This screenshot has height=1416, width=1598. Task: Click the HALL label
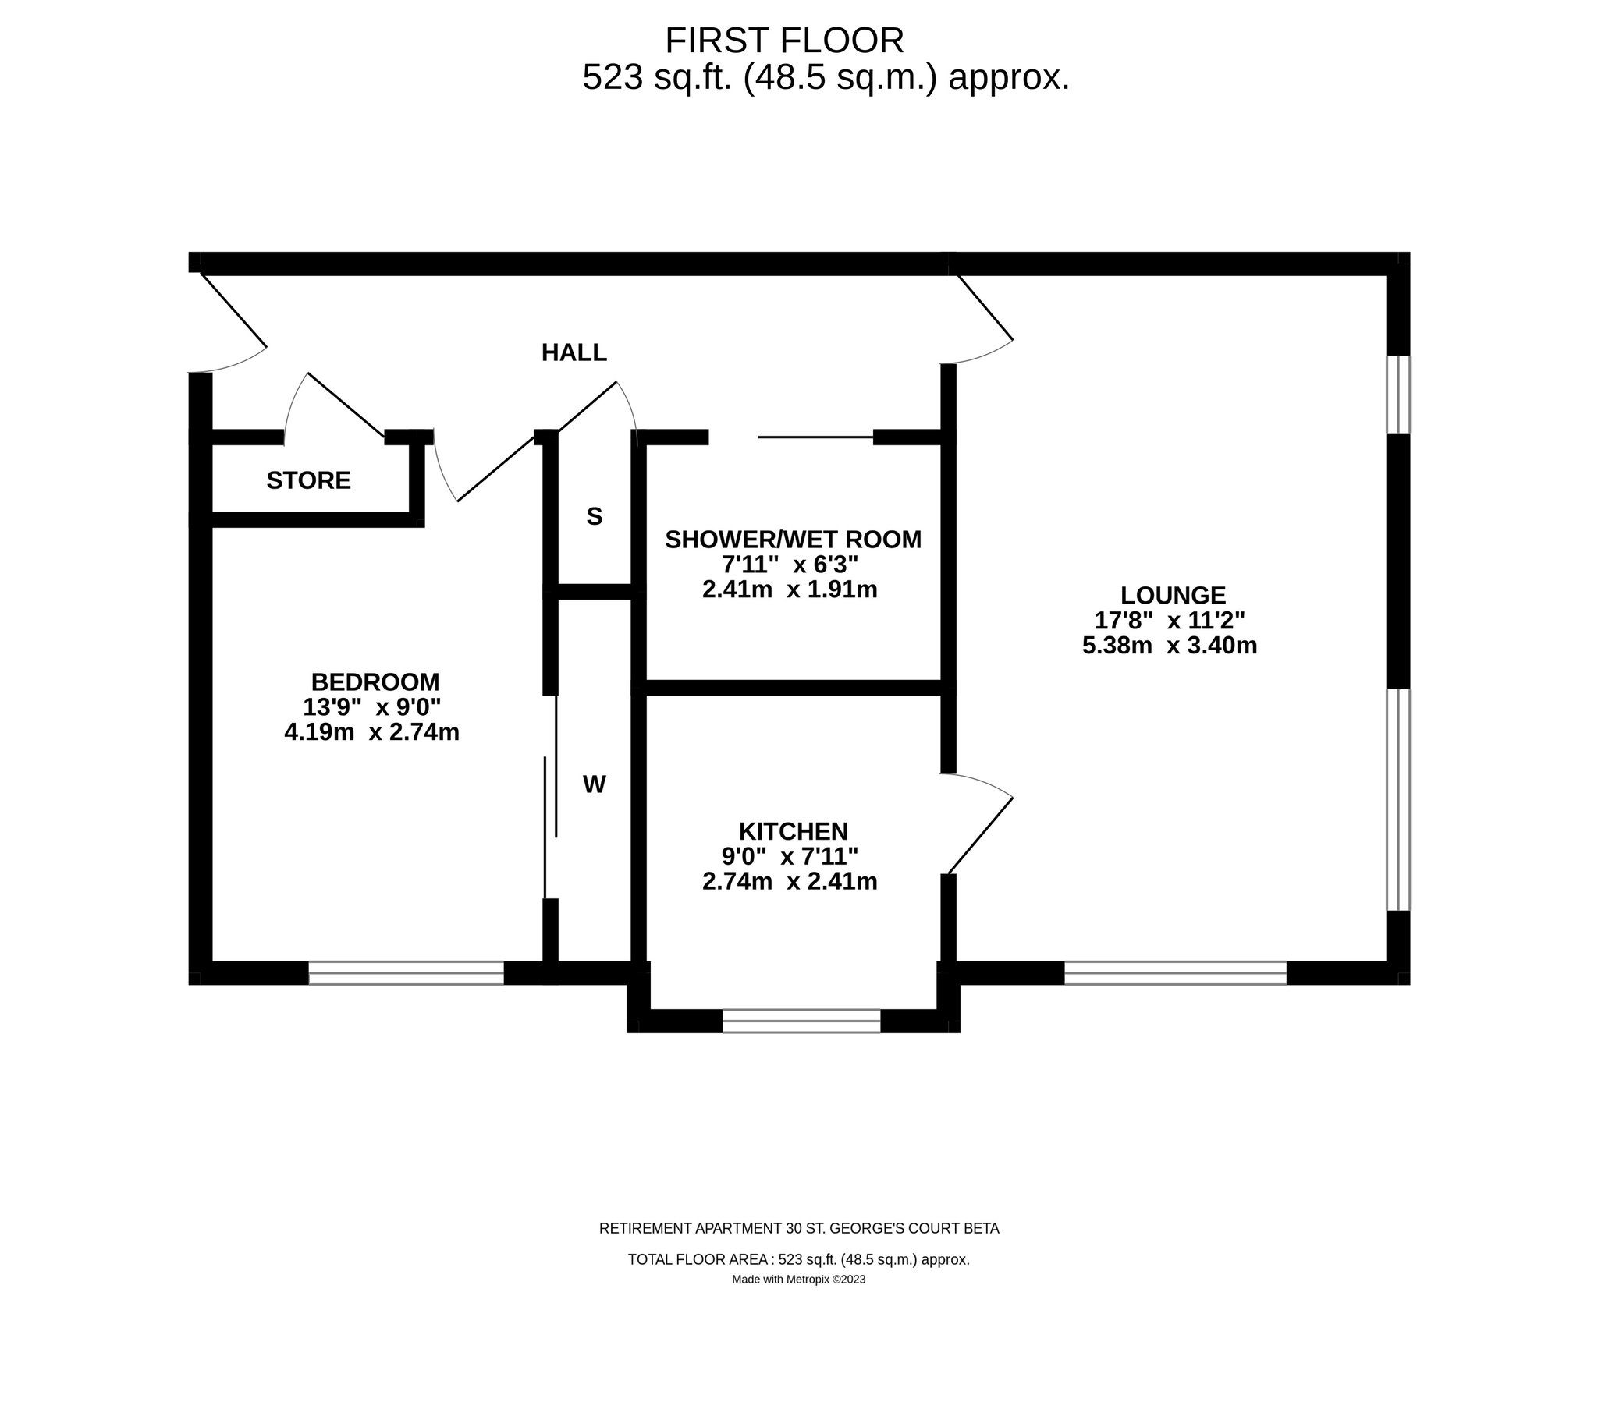point(574,353)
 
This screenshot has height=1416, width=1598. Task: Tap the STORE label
point(308,480)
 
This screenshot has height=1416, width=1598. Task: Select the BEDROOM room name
point(375,681)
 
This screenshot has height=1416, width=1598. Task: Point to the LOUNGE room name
point(1173,596)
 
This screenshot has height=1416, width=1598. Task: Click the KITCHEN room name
point(794,830)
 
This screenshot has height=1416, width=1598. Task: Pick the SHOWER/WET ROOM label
point(793,540)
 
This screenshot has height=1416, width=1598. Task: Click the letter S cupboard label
point(594,516)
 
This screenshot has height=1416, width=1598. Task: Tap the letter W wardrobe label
point(594,784)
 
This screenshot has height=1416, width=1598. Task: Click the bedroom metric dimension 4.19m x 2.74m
point(371,732)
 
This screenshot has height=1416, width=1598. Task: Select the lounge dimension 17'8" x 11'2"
point(1170,621)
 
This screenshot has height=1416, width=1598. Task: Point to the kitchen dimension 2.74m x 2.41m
point(790,881)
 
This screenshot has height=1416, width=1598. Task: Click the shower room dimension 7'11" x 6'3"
point(790,565)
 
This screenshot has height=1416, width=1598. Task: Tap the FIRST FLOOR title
point(784,41)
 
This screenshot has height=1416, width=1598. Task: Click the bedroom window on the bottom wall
point(406,973)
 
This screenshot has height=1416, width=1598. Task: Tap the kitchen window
point(801,1021)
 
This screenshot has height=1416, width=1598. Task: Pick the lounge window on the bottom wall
point(1175,973)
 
